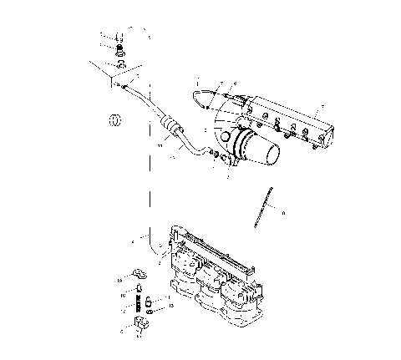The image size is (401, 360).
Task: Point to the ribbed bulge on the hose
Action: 173,126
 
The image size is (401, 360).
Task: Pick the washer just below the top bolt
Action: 121,53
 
